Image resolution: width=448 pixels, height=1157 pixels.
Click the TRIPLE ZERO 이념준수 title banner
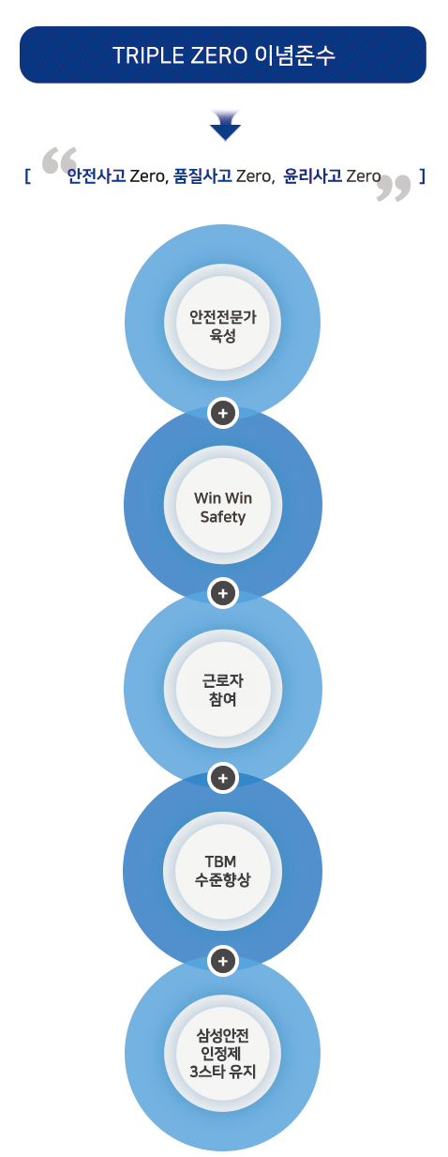[x=223, y=54]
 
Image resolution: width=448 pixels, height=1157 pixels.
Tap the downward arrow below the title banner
[x=225, y=125]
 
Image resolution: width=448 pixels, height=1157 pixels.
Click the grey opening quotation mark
[x=59, y=161]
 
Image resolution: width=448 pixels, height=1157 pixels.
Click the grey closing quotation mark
[x=394, y=188]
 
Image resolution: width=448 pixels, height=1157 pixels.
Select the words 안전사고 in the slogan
[x=97, y=176]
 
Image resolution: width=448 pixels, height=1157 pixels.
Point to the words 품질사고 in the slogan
[x=202, y=176]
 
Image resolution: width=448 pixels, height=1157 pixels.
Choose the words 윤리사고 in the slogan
[x=313, y=176]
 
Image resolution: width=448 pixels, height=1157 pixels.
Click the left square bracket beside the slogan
[x=27, y=176]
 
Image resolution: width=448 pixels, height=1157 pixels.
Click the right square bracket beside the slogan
[x=422, y=176]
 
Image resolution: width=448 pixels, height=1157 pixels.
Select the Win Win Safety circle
[x=223, y=505]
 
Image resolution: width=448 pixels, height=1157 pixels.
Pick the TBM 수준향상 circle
[x=223, y=871]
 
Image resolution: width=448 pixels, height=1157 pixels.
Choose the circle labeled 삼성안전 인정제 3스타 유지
[x=223, y=1054]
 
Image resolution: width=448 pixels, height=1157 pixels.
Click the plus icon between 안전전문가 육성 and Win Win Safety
[x=223, y=413]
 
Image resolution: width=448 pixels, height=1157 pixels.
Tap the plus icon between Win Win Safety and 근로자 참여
[x=223, y=593]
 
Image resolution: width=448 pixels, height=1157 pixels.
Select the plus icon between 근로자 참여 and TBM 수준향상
[x=223, y=778]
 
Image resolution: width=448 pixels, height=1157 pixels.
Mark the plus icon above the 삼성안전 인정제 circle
[x=223, y=961]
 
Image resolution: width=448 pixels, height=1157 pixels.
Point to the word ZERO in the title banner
[x=220, y=55]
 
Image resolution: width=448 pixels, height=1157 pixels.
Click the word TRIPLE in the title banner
[x=149, y=55]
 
